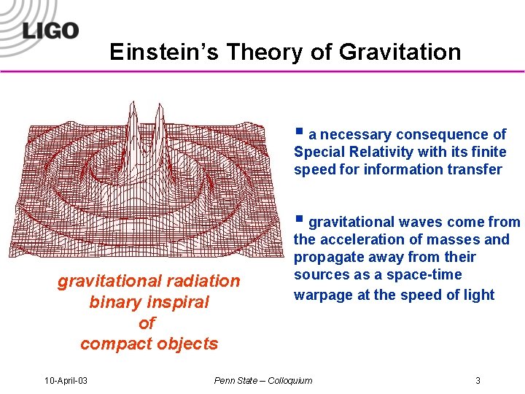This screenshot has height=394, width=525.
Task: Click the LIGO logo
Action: coord(50,30)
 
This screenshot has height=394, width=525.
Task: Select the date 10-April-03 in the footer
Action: coord(66,380)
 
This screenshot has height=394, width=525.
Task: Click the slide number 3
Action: coord(478,380)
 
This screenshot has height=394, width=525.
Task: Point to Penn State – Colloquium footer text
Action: coord(262,380)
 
